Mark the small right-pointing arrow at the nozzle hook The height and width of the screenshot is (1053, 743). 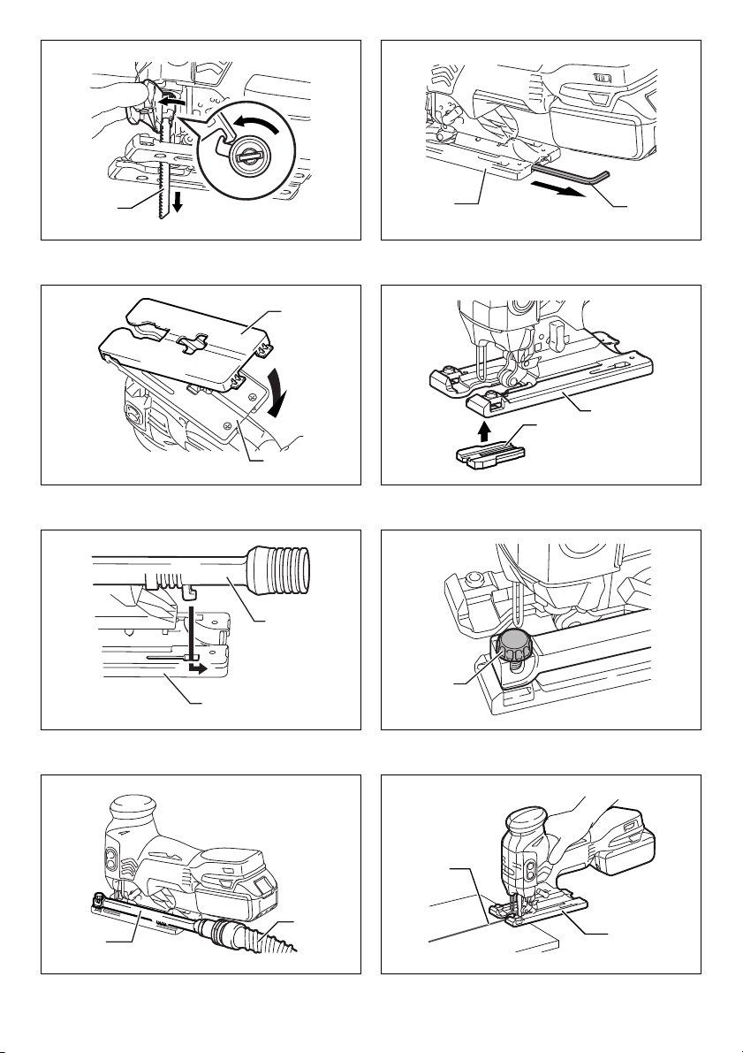202,669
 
